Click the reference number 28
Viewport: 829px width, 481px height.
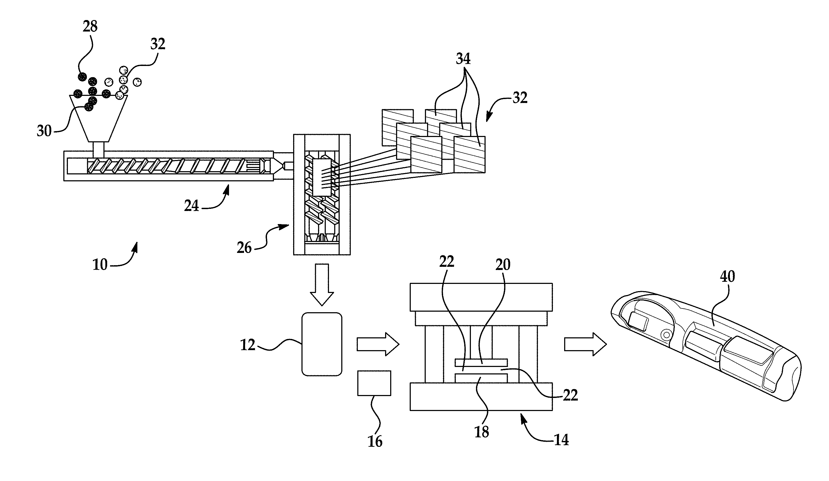[x=90, y=26]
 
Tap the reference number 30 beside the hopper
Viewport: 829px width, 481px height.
[x=44, y=131]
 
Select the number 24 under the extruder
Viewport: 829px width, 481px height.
[x=191, y=206]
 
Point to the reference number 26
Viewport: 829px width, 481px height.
[x=244, y=248]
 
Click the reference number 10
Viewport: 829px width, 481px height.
[x=100, y=264]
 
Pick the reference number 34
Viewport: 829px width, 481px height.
[x=463, y=59]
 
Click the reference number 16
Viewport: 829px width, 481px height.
[x=375, y=441]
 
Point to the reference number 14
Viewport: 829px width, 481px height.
[x=561, y=440]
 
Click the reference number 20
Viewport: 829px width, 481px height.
[x=503, y=264]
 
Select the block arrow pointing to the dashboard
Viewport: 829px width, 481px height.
[x=585, y=344]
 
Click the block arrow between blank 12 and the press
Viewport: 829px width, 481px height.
[x=378, y=344]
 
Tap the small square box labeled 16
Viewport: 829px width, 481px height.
[x=374, y=383]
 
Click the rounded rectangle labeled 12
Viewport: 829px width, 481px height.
[x=322, y=344]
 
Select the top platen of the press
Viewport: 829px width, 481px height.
[x=481, y=297]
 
